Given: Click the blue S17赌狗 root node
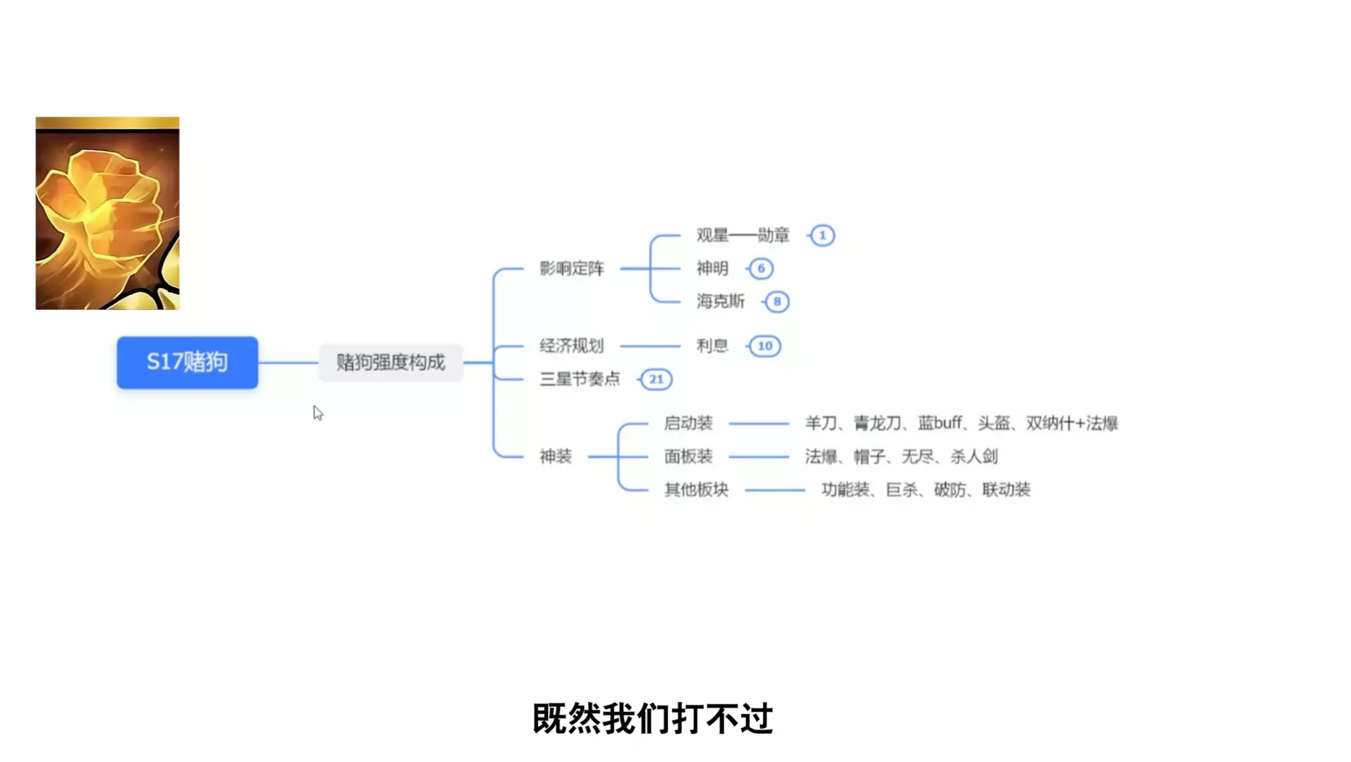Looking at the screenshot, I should pyautogui.click(x=187, y=362).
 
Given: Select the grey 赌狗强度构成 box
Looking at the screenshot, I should pyautogui.click(x=391, y=363).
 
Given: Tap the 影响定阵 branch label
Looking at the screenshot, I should pyautogui.click(x=572, y=269).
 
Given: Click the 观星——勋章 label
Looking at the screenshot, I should pyautogui.click(x=742, y=236).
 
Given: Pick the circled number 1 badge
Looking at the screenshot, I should pyautogui.click(x=822, y=236).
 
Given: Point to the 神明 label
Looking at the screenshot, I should pyautogui.click(x=712, y=269).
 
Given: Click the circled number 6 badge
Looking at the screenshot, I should pyautogui.click(x=761, y=269).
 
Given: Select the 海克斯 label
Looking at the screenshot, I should pyautogui.click(x=720, y=302).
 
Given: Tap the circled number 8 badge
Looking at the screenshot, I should pyautogui.click(x=777, y=302).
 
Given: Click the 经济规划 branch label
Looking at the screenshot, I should pyautogui.click(x=572, y=346).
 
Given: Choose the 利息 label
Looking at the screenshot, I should pyautogui.click(x=712, y=346).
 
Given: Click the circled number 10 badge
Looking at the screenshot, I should pyautogui.click(x=765, y=346).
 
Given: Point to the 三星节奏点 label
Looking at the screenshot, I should pyautogui.click(x=580, y=379).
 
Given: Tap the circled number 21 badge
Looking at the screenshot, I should pyautogui.click(x=656, y=379).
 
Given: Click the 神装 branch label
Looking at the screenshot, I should pyautogui.click(x=556, y=456).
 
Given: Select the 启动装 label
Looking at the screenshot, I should pyautogui.click(x=688, y=423).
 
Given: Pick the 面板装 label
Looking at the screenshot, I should pyautogui.click(x=688, y=456).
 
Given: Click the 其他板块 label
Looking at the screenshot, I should pyautogui.click(x=696, y=490).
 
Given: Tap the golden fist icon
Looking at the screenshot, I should pyautogui.click(x=107, y=213).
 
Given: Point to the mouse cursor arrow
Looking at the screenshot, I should pyautogui.click(x=317, y=413).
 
